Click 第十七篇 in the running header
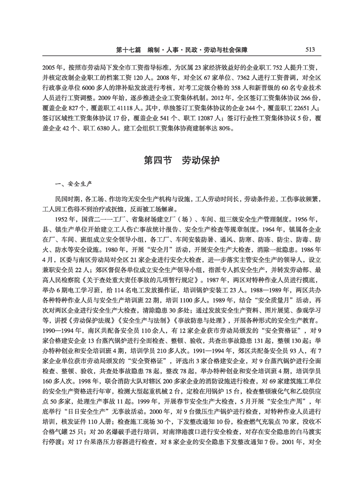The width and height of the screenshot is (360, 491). click(128, 50)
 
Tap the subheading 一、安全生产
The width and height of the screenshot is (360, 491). click(73, 184)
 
